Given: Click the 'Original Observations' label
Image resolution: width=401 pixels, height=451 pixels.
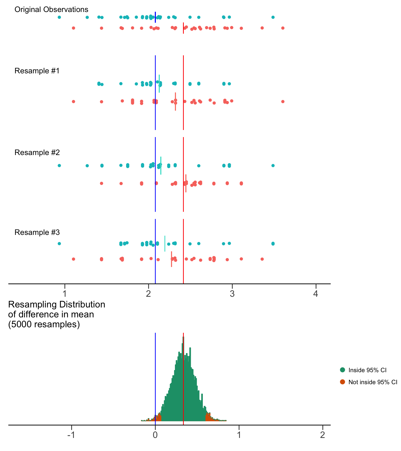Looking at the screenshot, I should click(x=51, y=10).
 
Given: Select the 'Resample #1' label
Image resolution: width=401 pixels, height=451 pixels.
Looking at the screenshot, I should click(x=37, y=71).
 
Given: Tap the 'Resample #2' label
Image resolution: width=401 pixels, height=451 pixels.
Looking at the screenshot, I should click(x=37, y=153).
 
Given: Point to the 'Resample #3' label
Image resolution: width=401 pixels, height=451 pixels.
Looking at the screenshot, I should click(x=37, y=232).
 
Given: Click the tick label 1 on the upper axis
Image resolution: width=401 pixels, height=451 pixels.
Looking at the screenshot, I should click(x=65, y=294).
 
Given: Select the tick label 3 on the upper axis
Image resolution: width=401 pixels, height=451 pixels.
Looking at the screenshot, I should click(x=232, y=294).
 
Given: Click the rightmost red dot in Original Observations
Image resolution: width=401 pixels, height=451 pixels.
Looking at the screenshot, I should click(x=283, y=28).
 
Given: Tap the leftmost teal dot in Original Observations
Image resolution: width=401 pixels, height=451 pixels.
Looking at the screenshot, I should click(x=59, y=17).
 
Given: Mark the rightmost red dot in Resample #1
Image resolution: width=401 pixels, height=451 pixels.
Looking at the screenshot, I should click(x=283, y=102).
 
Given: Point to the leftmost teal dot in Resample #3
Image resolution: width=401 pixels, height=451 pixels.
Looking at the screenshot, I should click(x=59, y=244).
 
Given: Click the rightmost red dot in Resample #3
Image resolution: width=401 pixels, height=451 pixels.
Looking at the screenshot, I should click(x=262, y=259).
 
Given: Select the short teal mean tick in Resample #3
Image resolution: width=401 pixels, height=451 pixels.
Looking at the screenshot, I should click(x=165, y=244).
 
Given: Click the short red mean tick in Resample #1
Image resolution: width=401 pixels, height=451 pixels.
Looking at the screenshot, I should click(x=175, y=102).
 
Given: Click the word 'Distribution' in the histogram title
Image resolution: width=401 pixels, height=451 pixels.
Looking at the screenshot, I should click(x=82, y=305).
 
